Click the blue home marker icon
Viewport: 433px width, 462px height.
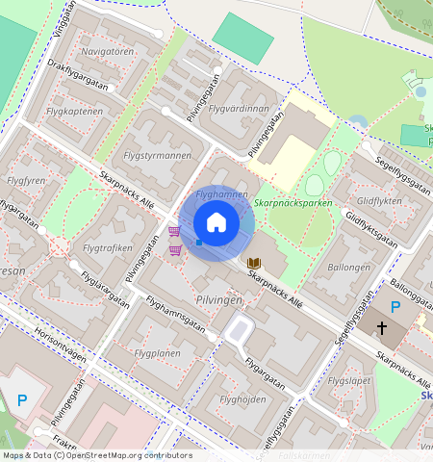216,223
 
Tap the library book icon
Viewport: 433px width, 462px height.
254,263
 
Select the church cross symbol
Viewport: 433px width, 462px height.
382,329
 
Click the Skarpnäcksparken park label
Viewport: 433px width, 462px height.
293,204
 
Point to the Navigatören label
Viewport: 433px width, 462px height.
108,51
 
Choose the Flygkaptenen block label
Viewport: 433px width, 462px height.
74,112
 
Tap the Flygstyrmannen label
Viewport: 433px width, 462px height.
158,155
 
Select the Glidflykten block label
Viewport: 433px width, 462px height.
379,201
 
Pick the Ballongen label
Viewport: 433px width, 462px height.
348,267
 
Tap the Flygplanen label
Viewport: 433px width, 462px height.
158,353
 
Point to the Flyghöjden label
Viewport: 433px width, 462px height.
242,399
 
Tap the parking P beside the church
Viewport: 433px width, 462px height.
395,307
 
